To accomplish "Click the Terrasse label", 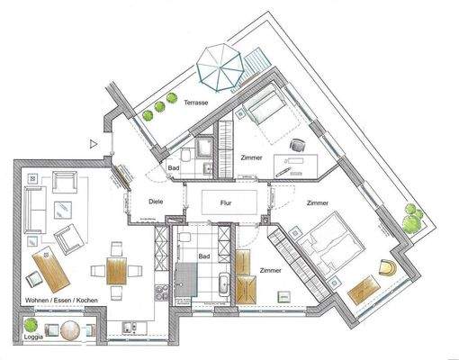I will (196, 104).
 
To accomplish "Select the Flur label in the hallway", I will (227, 204).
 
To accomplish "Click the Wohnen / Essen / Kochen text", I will (62, 300).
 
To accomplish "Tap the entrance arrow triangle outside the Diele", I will (93, 143).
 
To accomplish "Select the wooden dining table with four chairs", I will (115, 270).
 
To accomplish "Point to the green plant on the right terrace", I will (411, 218).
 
